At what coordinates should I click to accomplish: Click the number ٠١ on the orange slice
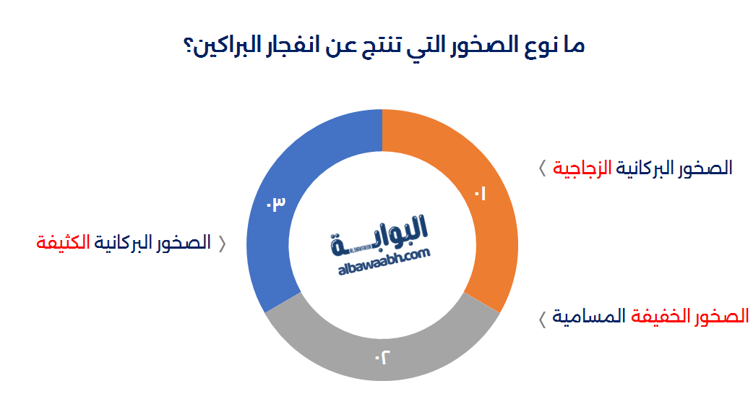coord(481,194)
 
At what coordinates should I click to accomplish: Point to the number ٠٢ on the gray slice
coord(382,356)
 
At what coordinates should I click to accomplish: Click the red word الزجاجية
coord(582,168)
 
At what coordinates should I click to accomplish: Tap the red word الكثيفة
coord(62,243)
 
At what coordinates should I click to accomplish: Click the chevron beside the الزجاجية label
coord(542,169)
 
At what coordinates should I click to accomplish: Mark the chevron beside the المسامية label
coord(542,318)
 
